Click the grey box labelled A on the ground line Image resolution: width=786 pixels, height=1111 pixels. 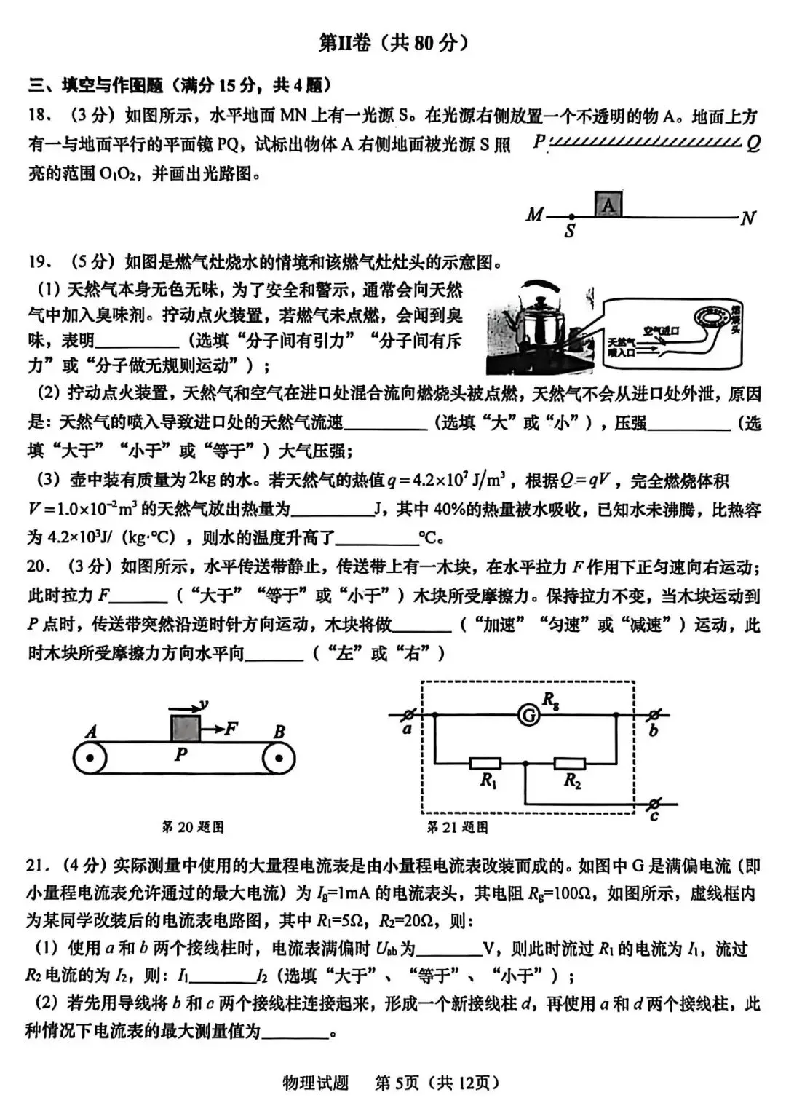click(608, 204)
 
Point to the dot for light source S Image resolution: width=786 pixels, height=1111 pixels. click(571, 217)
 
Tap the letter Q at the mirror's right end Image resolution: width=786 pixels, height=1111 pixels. click(753, 143)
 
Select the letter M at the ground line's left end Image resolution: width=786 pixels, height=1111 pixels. click(535, 215)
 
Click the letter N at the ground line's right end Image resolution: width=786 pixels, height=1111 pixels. click(747, 218)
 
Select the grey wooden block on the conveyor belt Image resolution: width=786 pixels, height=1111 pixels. click(185, 728)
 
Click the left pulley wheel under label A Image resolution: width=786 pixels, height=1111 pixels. click(90, 758)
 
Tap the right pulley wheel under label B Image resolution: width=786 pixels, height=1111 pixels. click(278, 758)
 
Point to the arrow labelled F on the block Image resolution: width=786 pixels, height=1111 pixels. click(220, 728)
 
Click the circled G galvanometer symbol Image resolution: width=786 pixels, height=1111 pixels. click(529, 716)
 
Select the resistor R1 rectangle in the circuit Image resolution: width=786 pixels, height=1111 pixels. click(485, 763)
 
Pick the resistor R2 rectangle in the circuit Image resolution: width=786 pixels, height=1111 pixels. click(570, 763)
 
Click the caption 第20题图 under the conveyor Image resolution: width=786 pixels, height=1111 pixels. click(192, 827)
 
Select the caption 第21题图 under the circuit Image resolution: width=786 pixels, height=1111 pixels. click(457, 827)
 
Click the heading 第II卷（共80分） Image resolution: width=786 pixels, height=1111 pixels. click(393, 43)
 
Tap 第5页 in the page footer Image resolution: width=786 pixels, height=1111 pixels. click(397, 1083)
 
